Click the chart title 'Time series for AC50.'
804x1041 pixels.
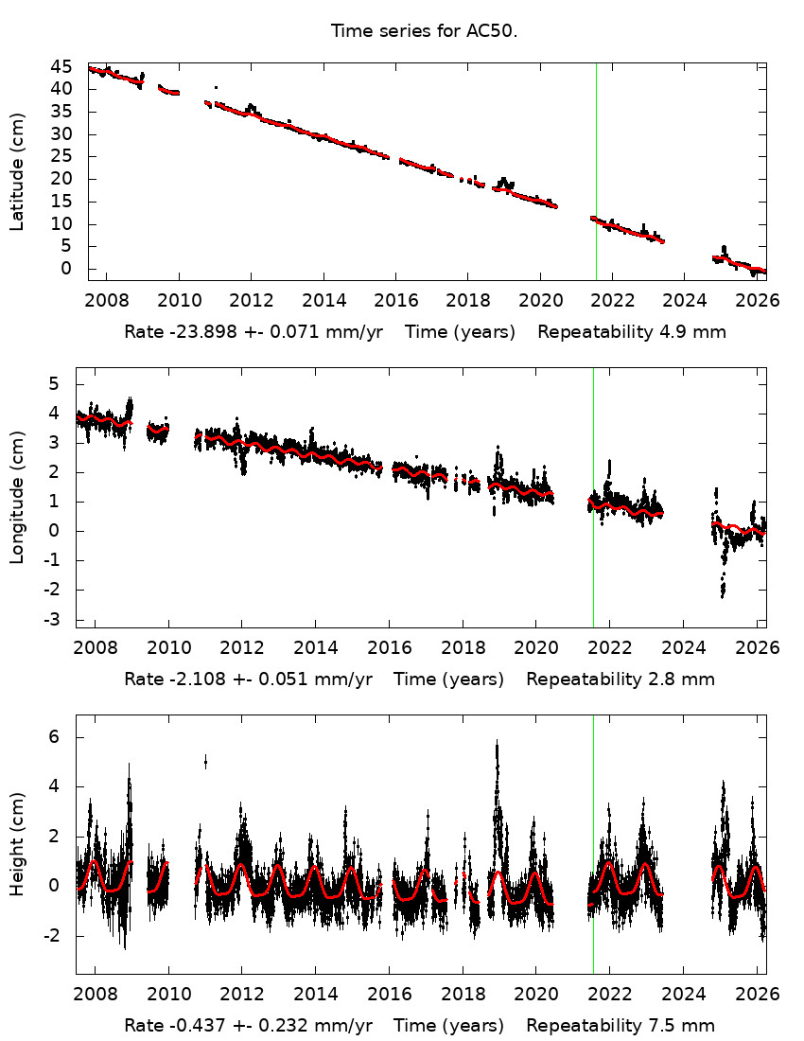424,31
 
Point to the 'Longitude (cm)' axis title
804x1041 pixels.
17,497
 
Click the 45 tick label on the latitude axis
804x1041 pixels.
62,66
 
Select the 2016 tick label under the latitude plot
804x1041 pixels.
395,301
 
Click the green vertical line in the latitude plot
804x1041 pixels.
596,170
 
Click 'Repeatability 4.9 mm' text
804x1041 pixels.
632,332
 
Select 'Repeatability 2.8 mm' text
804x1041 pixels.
620,679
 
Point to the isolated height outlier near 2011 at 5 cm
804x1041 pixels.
205,761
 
